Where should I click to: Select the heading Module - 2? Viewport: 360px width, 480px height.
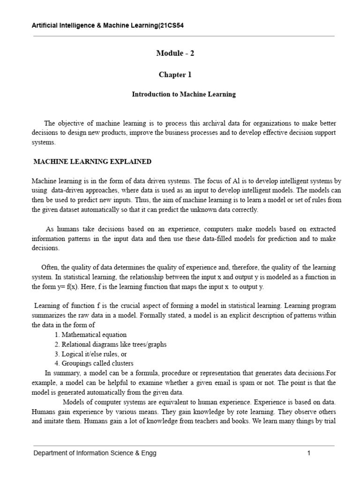[175, 53]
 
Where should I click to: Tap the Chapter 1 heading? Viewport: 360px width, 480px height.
[175, 75]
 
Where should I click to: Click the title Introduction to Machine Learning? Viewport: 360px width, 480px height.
[183, 94]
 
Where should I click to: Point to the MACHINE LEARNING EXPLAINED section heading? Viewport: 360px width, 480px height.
[92, 162]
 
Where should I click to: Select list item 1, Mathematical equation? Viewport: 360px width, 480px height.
[90, 335]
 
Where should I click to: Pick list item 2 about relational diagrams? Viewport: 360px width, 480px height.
[110, 345]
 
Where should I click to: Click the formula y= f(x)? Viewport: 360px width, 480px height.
[60, 287]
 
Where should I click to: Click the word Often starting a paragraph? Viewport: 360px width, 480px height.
[50, 267]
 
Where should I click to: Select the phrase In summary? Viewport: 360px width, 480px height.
[63, 373]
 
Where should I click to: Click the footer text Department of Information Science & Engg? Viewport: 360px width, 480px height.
[94, 453]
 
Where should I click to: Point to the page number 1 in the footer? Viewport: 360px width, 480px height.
[309, 453]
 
